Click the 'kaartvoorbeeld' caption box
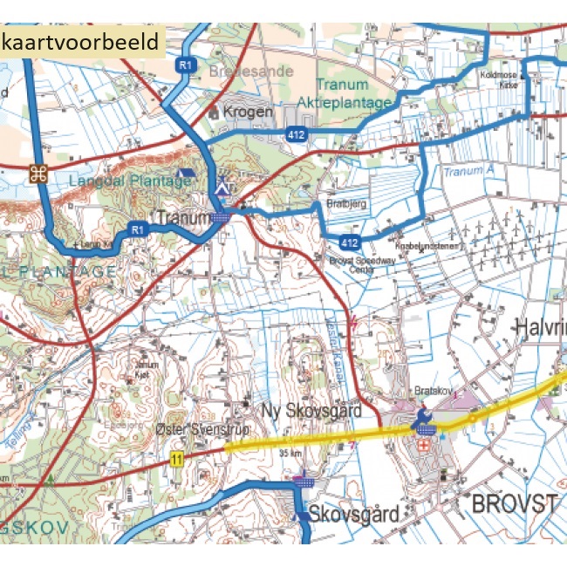click(81, 41)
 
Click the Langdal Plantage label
click(130, 181)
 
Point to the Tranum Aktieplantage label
click(353, 94)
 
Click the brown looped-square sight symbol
click(37, 173)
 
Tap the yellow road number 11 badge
click(178, 459)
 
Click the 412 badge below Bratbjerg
click(351, 242)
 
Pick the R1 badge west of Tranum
click(136, 229)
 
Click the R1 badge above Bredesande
click(184, 65)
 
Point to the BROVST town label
click(514, 504)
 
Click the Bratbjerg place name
click(343, 207)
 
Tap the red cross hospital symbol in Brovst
click(426, 444)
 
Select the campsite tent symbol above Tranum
click(223, 185)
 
